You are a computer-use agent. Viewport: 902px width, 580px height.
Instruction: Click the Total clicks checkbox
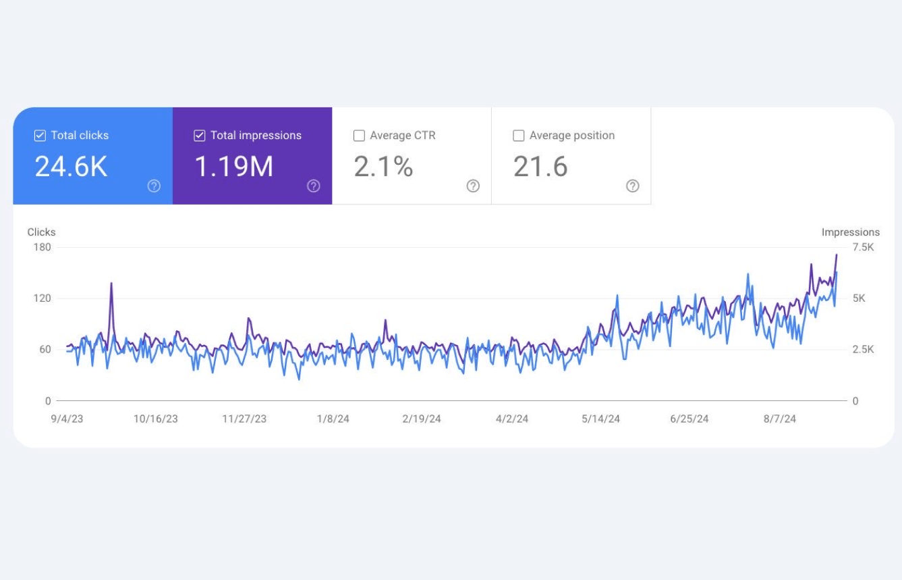pos(40,136)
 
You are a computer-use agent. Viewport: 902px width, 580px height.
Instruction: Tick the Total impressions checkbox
pos(199,136)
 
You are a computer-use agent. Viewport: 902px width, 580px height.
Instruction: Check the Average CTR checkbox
pos(359,136)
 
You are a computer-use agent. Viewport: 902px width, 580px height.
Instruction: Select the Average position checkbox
pos(518,136)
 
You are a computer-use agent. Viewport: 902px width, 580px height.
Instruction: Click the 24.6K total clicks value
pos(71,166)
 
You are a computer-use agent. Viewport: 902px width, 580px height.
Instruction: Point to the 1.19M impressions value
pos(233,166)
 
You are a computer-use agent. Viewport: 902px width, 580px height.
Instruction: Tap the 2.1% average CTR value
pos(383,166)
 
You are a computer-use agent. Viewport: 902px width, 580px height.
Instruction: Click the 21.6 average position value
pos(540,166)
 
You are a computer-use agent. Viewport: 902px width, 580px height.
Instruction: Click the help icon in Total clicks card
pos(154,186)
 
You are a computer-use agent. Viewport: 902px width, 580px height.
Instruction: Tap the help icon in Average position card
pos(632,186)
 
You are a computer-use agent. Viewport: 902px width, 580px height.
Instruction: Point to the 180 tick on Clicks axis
pos(43,247)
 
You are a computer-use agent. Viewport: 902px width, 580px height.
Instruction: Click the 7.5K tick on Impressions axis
pos(863,247)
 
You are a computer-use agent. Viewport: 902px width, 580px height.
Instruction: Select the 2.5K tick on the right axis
pos(863,350)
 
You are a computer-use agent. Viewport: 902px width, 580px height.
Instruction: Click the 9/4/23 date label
pos(67,419)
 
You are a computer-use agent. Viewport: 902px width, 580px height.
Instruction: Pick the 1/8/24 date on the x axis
pos(333,419)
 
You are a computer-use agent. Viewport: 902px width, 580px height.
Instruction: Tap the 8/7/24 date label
pos(779,419)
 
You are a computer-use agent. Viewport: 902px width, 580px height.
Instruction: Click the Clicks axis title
pos(41,232)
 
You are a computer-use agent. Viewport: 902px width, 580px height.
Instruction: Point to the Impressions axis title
pos(850,232)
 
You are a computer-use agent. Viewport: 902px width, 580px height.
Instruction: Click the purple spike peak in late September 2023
pos(111,284)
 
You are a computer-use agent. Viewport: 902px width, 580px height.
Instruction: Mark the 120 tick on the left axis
pos(43,298)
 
